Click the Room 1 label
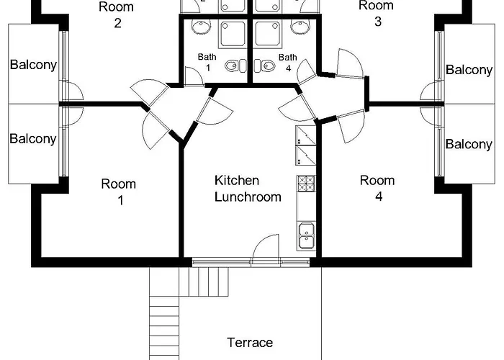pyautogui.click(x=118, y=192)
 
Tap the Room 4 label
pyautogui.click(x=377, y=187)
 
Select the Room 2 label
pyautogui.click(x=117, y=14)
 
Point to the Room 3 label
pyautogui.click(x=377, y=14)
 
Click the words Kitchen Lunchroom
pyautogui.click(x=247, y=188)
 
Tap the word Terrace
pyautogui.click(x=250, y=342)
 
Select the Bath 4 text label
pyautogui.click(x=288, y=62)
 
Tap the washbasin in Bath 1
pyautogui.click(x=199, y=28)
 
